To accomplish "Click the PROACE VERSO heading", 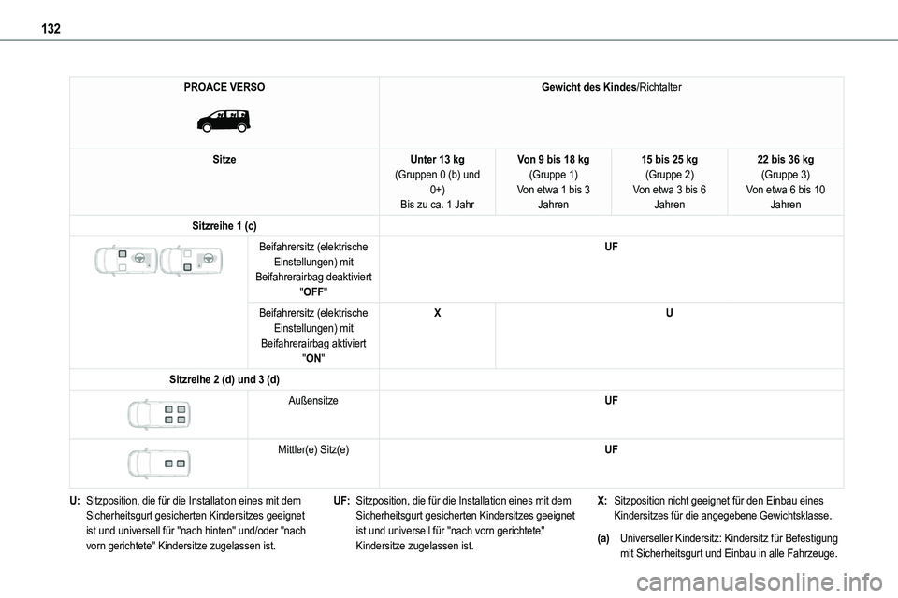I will [224, 87].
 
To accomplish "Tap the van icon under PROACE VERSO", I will [224, 120].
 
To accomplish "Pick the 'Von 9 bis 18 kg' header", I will [553, 160].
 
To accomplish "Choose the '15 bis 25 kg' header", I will [669, 160].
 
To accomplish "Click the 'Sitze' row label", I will [224, 160].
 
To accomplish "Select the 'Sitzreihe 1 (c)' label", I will [224, 227].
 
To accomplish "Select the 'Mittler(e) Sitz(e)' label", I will [313, 449].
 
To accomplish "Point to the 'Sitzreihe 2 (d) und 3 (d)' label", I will [224, 378].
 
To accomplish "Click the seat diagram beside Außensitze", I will [159, 414].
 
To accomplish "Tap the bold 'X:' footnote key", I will [601, 501].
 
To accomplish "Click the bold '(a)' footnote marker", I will [606, 538].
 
